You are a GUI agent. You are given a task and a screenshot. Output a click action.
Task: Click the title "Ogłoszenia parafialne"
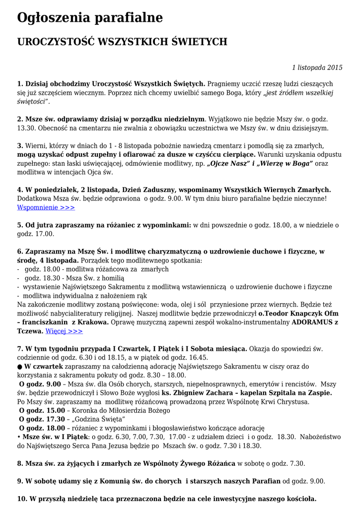click(90, 18)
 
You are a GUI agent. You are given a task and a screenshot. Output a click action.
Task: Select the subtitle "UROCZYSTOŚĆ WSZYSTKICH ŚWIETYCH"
click(122, 42)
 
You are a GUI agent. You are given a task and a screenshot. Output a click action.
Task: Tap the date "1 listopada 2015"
click(317, 67)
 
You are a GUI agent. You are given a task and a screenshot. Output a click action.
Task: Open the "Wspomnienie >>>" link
click(46, 207)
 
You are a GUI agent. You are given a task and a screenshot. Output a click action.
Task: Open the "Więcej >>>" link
click(64, 331)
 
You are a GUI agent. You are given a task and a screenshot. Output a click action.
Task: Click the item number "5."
click(20, 225)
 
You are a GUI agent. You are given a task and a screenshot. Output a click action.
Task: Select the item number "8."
click(20, 463)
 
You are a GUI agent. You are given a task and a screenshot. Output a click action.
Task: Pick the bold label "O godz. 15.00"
click(42, 410)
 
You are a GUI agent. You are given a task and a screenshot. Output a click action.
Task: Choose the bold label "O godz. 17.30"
click(42, 419)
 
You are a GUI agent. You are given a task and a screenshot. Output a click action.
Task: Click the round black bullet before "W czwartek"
click(20, 366)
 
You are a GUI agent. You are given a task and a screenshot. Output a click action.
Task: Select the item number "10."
click(22, 499)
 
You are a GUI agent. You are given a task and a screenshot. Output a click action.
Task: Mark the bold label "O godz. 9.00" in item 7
click(40, 383)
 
